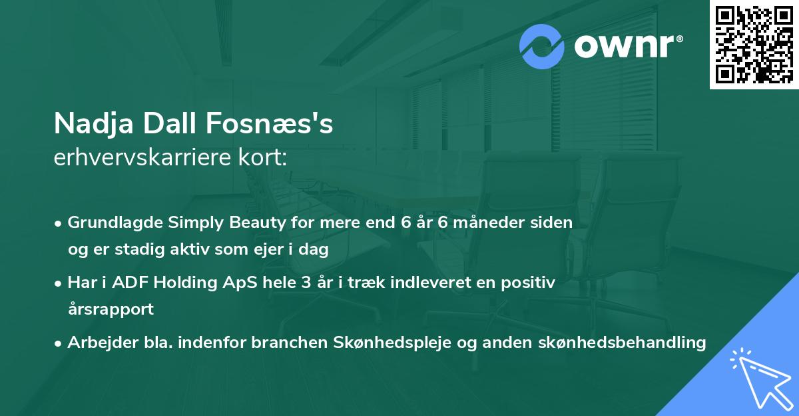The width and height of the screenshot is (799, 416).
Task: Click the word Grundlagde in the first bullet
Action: [108, 223]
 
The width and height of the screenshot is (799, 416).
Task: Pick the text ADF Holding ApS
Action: [170, 283]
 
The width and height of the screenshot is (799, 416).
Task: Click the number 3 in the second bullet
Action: [306, 283]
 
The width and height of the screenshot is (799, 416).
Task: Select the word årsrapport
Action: [111, 309]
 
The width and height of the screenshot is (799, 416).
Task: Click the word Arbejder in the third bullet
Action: [96, 343]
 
